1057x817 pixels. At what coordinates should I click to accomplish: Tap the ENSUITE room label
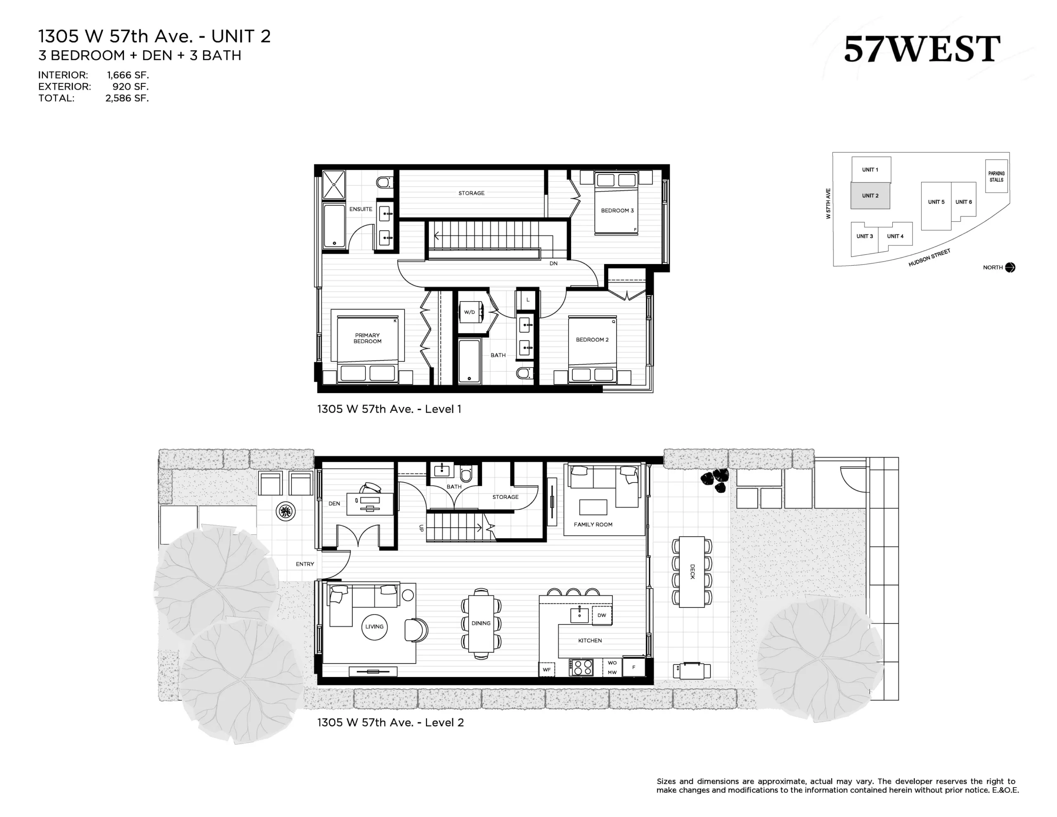click(360, 209)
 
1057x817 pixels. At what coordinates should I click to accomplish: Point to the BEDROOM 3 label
click(617, 211)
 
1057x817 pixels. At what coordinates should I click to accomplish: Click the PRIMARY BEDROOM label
click(367, 338)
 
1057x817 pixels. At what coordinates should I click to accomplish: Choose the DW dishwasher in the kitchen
click(602, 615)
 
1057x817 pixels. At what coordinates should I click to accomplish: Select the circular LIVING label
click(374, 627)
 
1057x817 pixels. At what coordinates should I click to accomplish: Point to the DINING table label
click(481, 623)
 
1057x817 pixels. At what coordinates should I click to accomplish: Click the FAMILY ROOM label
click(593, 525)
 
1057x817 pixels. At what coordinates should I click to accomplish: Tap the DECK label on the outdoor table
click(692, 572)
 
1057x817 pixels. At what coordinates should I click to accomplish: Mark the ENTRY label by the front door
click(305, 564)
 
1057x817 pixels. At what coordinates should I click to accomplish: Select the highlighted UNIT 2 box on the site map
click(870, 196)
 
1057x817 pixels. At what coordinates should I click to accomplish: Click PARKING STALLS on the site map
click(996, 176)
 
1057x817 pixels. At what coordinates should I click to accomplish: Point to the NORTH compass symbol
click(1010, 267)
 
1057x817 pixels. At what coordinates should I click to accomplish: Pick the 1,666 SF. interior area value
click(128, 75)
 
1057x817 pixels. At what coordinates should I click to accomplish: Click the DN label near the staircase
click(554, 264)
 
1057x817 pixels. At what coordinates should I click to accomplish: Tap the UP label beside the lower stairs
click(421, 528)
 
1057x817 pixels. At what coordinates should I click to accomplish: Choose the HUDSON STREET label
click(930, 258)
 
